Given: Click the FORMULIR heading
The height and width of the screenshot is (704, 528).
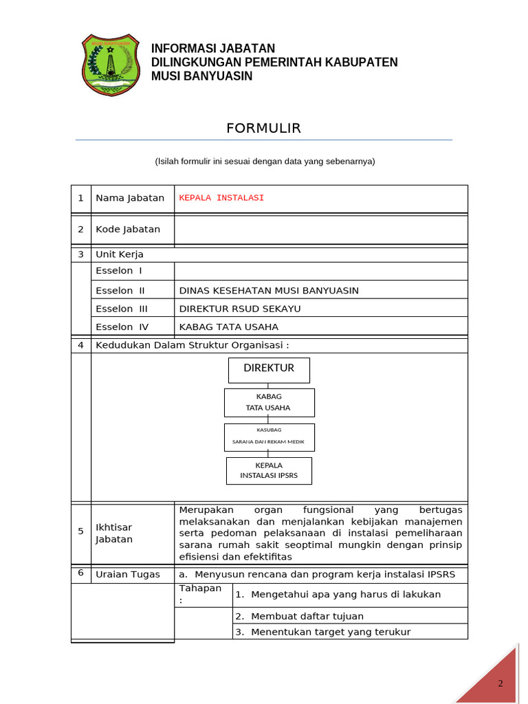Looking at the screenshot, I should [x=263, y=129].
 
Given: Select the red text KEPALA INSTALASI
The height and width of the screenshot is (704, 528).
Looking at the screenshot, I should [x=221, y=198].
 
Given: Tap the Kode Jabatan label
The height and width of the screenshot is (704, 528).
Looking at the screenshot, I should [x=128, y=230].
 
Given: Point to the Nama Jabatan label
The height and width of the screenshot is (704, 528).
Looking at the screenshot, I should [x=130, y=198].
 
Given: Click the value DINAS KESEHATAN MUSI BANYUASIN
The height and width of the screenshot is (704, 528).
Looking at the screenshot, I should [x=269, y=291].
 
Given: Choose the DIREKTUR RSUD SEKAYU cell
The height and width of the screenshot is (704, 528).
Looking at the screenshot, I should [x=240, y=309].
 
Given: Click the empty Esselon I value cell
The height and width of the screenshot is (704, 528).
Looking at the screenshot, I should [x=320, y=271].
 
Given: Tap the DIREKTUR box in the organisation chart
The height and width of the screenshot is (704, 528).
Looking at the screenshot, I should [x=269, y=369].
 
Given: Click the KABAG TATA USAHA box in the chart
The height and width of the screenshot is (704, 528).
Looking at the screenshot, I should [x=269, y=402].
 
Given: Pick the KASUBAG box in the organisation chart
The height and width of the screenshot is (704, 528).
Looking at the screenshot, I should [x=269, y=436].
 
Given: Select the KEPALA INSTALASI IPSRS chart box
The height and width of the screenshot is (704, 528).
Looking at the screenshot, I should [x=269, y=470].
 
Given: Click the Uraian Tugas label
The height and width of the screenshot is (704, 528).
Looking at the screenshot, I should [x=128, y=575].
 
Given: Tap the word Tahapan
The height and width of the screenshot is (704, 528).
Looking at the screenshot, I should [x=200, y=588].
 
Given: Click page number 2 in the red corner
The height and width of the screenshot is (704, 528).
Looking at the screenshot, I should [x=500, y=683].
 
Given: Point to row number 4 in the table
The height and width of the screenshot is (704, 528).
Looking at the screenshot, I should [x=80, y=345].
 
